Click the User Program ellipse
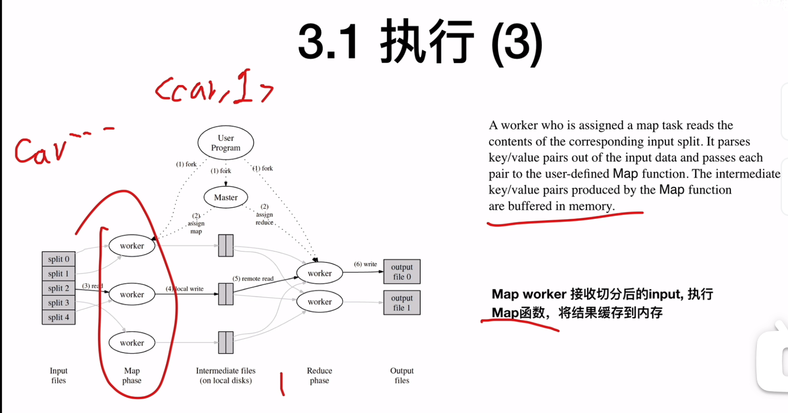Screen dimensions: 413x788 coord(226,143)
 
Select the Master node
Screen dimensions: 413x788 coord(226,197)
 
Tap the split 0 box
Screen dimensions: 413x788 coord(59,259)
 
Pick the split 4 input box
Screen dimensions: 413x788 coord(59,317)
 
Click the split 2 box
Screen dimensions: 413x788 coord(59,288)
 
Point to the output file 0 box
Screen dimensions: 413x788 coord(402,272)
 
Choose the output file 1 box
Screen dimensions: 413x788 coord(402,303)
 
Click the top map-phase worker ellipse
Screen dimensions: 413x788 coord(132,246)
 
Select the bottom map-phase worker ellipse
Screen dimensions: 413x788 coord(132,343)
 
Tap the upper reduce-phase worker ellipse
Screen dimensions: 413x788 coord(319,273)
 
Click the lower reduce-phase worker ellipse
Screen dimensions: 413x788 coord(319,302)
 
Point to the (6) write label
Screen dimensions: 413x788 coord(365,264)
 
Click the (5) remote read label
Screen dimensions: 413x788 coord(253,279)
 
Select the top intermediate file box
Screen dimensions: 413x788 coord(226,245)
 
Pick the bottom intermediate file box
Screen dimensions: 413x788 coord(226,342)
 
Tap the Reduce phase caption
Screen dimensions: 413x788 coord(319,375)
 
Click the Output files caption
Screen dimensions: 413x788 coord(402,375)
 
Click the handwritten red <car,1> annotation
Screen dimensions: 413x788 coord(214,88)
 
